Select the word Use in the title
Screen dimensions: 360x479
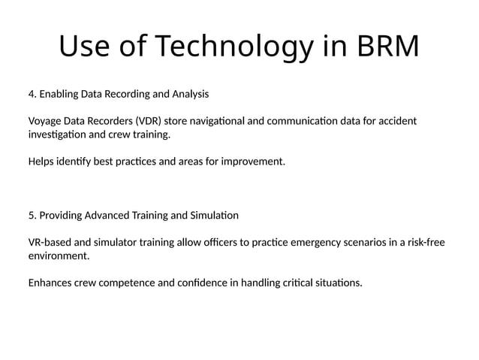[85, 47]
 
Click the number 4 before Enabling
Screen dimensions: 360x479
[31, 95]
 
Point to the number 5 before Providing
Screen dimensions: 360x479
[31, 216]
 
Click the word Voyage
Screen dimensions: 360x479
[45, 122]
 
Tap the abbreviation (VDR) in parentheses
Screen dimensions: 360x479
[144, 122]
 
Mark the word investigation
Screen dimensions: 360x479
[58, 135]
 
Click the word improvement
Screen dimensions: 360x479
[255, 162]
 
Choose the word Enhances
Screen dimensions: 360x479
[51, 283]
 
